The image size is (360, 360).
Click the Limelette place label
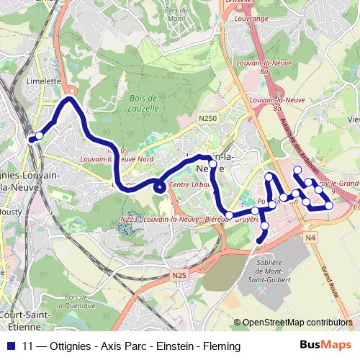pyautogui.click(x=45, y=81)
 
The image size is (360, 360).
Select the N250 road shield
pyautogui.click(x=207, y=117)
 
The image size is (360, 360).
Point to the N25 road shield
pyautogui.click(x=179, y=274)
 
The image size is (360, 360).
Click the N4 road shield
pyautogui.click(x=310, y=238)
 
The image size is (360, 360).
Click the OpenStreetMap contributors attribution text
pyautogui.click(x=297, y=323)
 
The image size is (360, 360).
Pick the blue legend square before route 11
pyautogui.click(x=9, y=346)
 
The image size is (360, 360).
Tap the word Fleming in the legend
pyautogui.click(x=220, y=346)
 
